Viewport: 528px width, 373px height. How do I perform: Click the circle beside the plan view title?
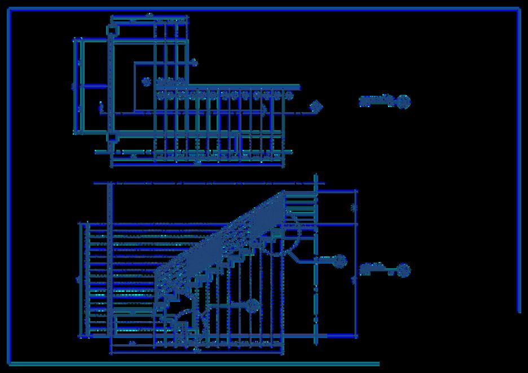click(x=403, y=101)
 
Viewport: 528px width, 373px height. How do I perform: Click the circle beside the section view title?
click(x=403, y=270)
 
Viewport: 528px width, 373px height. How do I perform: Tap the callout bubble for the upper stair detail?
click(x=340, y=260)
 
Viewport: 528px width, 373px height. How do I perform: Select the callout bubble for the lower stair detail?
click(x=252, y=306)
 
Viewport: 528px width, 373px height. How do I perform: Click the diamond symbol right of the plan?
click(x=318, y=106)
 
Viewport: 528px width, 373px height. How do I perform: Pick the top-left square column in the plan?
click(x=112, y=30)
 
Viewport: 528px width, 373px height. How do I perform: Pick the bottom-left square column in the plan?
click(x=112, y=137)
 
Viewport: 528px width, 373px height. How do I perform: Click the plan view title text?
click(x=375, y=101)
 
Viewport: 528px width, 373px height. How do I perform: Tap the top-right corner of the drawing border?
click(x=518, y=8)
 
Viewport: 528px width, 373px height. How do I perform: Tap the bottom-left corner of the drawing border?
click(x=10, y=363)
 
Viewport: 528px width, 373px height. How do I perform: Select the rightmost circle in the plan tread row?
click(x=289, y=95)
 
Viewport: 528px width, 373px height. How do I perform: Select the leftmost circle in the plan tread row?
click(x=160, y=95)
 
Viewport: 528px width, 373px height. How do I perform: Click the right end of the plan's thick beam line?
click(x=298, y=87)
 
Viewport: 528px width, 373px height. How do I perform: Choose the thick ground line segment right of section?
click(x=342, y=336)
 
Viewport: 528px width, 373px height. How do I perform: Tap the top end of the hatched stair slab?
click(x=284, y=193)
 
